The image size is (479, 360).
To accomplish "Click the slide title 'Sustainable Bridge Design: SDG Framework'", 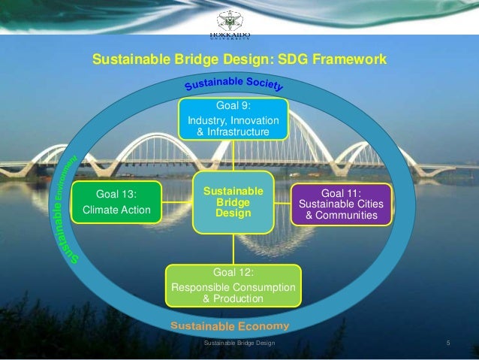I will [x=239, y=59].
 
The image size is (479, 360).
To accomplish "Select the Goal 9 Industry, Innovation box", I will [x=232, y=119].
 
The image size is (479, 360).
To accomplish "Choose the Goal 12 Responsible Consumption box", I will [x=233, y=286].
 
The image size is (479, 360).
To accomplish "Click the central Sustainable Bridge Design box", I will [x=233, y=203].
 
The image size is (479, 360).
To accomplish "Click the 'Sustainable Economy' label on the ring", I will [x=230, y=326].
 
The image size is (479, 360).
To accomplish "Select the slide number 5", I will [x=447, y=343].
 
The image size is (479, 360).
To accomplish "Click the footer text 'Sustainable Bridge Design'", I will [x=240, y=343].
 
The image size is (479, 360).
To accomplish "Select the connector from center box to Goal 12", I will [x=233, y=248].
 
